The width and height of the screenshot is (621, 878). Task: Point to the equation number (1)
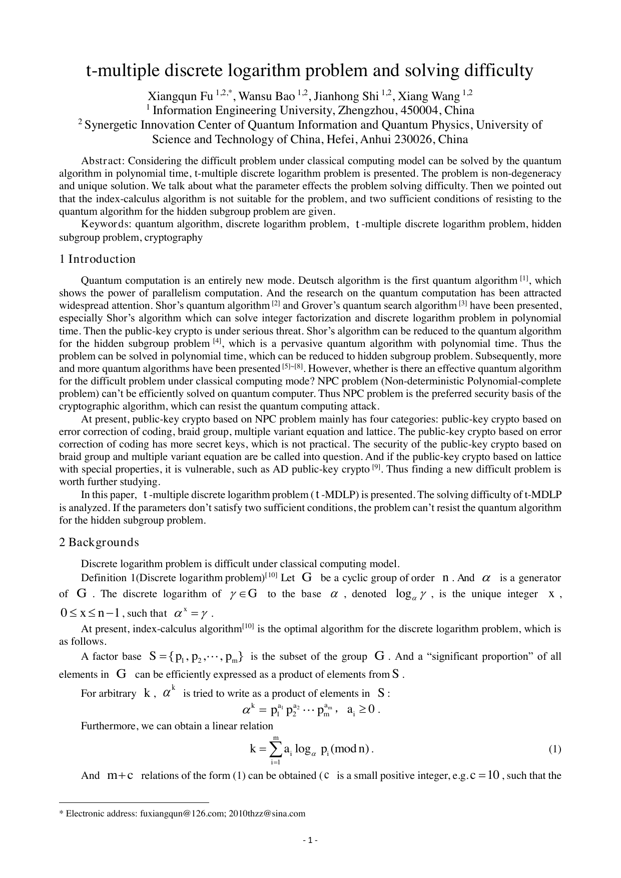point(554,749)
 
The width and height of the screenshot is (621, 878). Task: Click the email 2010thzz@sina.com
point(267,813)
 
